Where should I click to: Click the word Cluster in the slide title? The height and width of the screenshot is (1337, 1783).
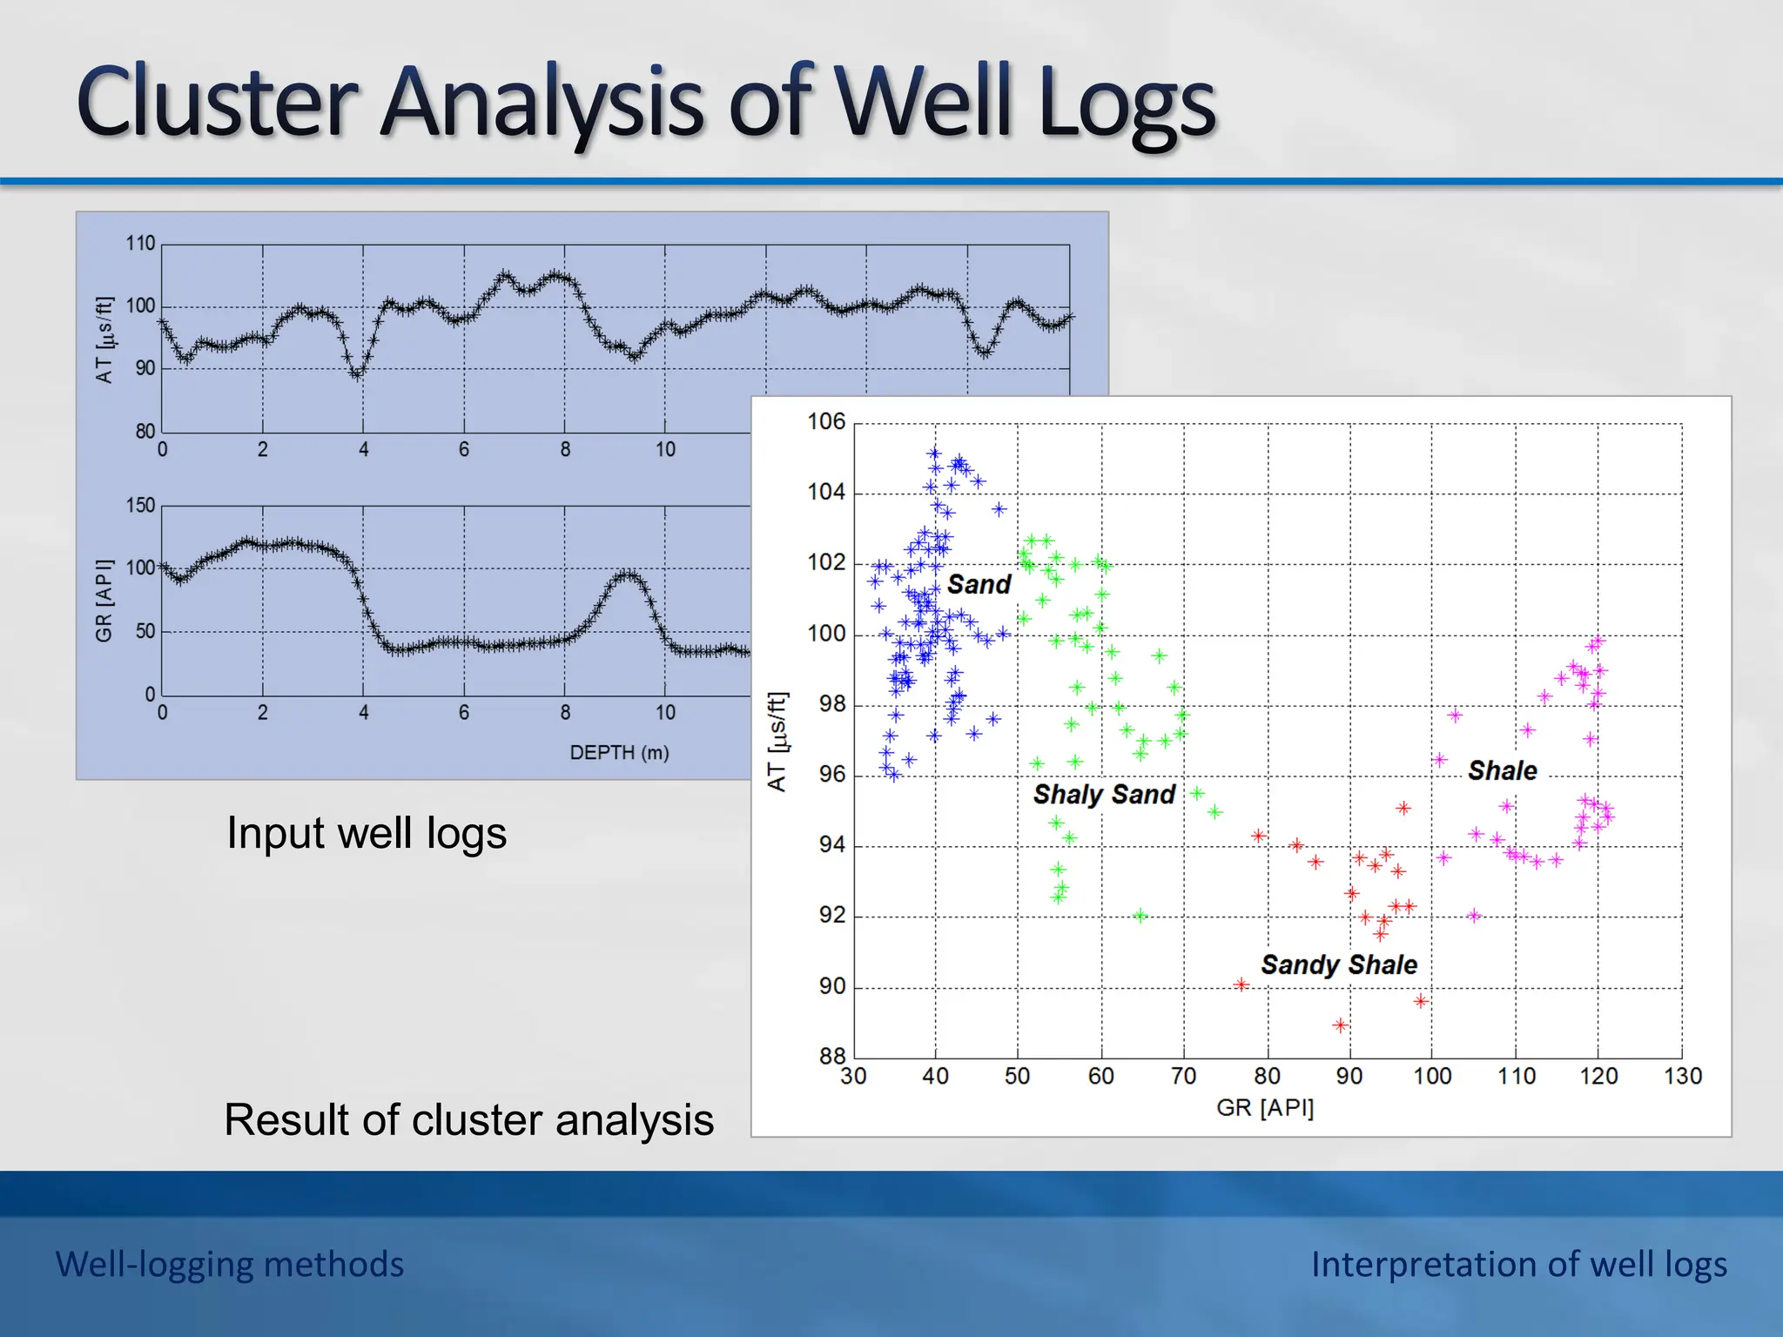point(218,103)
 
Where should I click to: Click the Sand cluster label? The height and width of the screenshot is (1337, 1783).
point(979,584)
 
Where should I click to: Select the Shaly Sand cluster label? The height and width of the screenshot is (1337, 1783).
point(1104,794)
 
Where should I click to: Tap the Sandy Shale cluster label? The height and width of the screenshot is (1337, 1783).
point(1338,964)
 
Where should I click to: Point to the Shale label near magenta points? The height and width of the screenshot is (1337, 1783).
point(1502,770)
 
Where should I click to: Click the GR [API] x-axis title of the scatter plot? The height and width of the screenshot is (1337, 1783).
point(1264,1107)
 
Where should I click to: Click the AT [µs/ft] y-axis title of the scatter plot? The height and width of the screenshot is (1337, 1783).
point(777,741)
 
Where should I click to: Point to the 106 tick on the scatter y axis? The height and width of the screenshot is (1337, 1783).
point(825,421)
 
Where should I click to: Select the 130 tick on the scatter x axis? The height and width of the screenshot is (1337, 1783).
point(1682,1077)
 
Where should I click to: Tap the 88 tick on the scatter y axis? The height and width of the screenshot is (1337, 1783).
point(831,1056)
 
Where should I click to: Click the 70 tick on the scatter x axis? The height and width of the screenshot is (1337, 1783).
point(1183,1077)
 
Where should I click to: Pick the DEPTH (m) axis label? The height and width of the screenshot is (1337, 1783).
point(619,752)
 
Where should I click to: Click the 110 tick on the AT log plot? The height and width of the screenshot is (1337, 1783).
point(140,243)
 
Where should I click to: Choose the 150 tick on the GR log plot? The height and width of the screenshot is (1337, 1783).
point(140,505)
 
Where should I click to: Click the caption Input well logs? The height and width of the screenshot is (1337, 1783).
point(366,833)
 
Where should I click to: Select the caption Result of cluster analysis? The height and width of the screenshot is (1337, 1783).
point(468,1119)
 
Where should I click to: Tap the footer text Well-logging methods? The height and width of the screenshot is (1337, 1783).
point(230,1264)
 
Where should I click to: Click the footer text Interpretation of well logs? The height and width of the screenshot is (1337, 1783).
point(1518,1264)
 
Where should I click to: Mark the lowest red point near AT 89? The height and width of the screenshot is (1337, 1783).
point(1340,1025)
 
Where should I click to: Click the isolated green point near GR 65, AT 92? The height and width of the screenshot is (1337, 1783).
point(1140,915)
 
